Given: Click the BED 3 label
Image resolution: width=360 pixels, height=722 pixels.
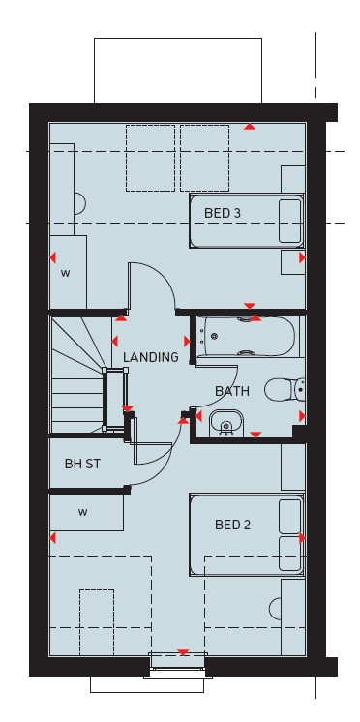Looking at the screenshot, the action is [223, 213].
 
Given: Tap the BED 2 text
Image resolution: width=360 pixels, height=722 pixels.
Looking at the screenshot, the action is [233, 525].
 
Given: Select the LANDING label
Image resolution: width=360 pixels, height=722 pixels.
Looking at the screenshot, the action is [151, 357].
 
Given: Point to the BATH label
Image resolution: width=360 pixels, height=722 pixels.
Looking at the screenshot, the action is [232, 391].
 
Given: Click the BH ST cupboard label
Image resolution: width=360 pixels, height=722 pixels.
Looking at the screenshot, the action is [82, 464].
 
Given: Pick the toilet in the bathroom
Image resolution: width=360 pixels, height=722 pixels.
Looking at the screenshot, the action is [285, 389].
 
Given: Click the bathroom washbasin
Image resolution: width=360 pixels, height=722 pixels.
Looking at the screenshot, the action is [226, 423].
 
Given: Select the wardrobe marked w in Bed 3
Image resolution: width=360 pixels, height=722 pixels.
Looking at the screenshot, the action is [68, 272].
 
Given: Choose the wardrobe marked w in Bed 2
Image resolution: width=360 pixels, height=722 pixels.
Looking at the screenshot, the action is [86, 512].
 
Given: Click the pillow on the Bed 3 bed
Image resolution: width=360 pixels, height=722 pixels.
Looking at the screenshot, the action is [290, 221].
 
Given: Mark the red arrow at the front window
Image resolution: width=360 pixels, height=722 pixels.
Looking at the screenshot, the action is [183, 652].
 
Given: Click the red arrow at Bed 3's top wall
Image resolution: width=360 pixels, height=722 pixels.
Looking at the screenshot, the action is [250, 126].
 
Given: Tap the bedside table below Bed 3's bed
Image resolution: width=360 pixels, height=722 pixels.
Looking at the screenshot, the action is [293, 262].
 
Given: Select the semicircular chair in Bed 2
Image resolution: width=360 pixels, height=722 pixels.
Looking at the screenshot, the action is [275, 609].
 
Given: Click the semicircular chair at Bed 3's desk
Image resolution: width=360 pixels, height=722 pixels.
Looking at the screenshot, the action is [80, 203].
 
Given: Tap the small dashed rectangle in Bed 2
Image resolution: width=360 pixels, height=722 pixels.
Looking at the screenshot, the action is [97, 621].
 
